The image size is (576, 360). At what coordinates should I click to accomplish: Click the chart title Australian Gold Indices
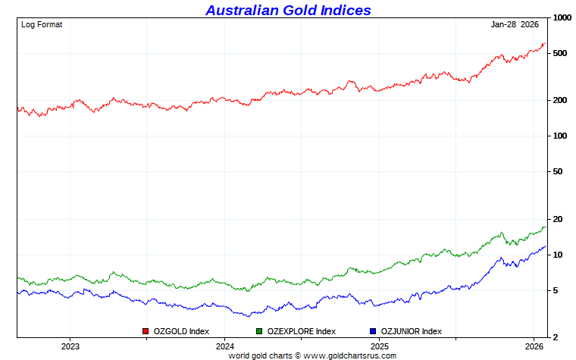[x=288, y=10]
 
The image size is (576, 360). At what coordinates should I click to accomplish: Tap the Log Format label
[x=42, y=24]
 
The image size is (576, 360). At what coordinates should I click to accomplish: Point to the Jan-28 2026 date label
[x=515, y=24]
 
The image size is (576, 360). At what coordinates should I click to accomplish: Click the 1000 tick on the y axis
[x=562, y=18]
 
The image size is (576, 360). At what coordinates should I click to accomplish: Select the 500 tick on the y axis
[x=559, y=53]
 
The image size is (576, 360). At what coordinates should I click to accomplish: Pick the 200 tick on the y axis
[x=559, y=100]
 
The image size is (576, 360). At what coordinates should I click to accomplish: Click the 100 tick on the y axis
[x=559, y=136]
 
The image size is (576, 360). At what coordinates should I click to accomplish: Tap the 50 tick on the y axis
[x=557, y=171]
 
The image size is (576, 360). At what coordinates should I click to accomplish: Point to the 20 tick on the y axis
[x=557, y=219]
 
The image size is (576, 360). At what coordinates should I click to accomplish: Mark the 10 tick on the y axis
[x=557, y=255]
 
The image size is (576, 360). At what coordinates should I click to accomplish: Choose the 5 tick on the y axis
[x=555, y=290]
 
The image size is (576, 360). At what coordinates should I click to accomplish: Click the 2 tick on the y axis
[x=555, y=337]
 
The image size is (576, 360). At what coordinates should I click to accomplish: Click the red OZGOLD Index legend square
[x=146, y=331]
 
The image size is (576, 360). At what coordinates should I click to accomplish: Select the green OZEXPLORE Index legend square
[x=259, y=331]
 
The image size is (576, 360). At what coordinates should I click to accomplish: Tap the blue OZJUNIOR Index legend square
[x=372, y=331]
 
